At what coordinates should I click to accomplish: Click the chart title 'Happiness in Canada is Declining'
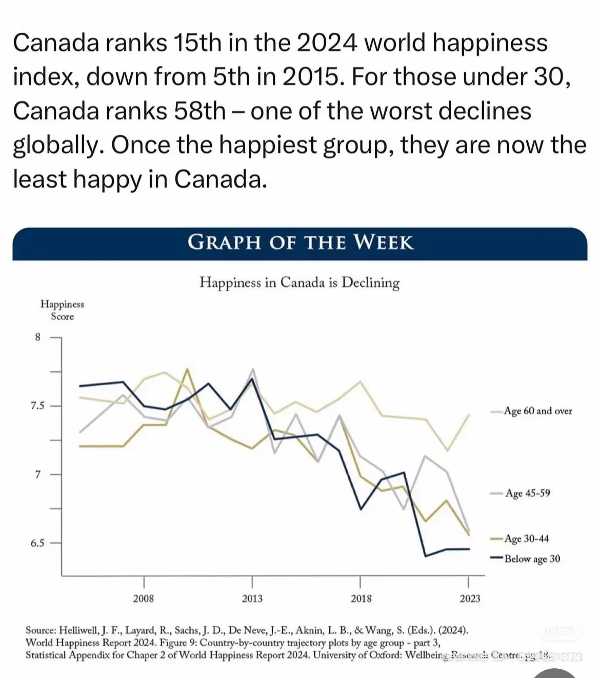coord(299,283)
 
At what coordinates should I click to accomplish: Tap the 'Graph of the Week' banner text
coord(300,242)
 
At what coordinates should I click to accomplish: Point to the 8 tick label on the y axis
coord(37,337)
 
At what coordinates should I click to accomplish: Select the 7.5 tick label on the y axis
coord(37,406)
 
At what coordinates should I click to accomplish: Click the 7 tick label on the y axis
coord(37,474)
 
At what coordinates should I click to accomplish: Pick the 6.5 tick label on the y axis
coord(37,543)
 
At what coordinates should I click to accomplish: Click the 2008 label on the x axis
coord(144,599)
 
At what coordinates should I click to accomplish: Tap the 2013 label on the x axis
coord(252,599)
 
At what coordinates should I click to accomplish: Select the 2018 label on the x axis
coord(361,599)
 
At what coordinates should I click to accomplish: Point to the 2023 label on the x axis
coord(470,599)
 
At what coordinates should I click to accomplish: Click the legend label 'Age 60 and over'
coord(537,411)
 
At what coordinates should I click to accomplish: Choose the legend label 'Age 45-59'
coord(527,493)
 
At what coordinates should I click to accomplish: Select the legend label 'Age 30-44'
coord(526,539)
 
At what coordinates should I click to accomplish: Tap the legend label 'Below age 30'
coord(532,559)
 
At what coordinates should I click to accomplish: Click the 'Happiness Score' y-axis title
coord(62,310)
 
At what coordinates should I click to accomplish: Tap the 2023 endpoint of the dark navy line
coord(469,549)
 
